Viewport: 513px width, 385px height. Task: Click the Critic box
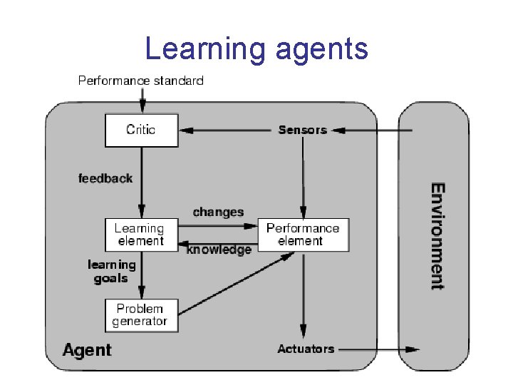point(141,130)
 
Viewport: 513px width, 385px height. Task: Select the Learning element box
point(140,235)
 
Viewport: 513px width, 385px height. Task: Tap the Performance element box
point(303,235)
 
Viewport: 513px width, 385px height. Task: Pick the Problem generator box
point(140,315)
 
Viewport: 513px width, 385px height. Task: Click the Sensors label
point(302,130)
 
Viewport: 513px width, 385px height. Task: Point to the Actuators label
point(306,349)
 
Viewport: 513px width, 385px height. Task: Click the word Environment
point(437,236)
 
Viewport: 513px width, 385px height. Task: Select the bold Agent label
point(87,349)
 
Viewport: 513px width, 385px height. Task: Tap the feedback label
point(105,178)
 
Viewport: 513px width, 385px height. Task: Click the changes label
point(218,212)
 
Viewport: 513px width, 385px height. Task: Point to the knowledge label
point(219,250)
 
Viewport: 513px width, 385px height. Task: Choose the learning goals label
point(112,272)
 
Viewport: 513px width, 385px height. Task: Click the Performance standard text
point(140,81)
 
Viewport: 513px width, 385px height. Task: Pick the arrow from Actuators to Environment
point(378,349)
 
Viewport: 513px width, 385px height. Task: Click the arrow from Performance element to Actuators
point(304,292)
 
